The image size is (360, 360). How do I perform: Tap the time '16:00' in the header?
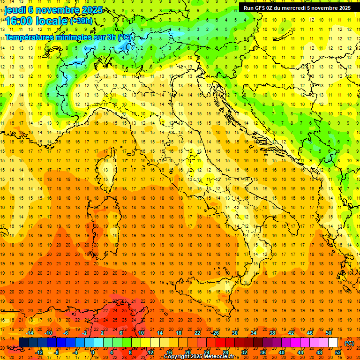pos(19,21)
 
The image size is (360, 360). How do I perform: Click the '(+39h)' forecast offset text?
pos(81,21)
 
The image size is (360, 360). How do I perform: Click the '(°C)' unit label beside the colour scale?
pos(349,343)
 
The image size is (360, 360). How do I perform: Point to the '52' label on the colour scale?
pos(338,352)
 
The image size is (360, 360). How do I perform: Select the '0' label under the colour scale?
pos(93,352)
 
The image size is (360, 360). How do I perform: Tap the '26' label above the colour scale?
pos(216,333)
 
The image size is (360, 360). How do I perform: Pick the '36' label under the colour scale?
pos(262,352)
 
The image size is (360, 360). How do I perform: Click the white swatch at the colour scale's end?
pos(333,343)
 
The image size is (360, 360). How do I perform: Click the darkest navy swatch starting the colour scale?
pos(23,343)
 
